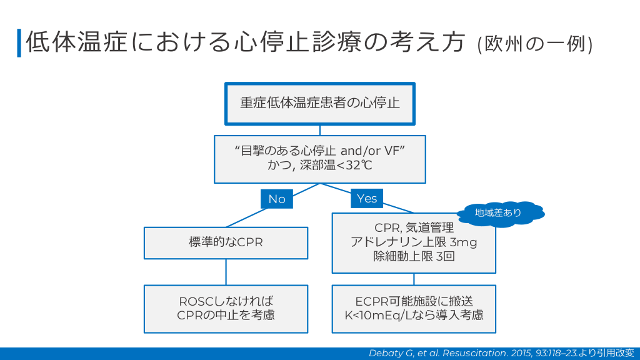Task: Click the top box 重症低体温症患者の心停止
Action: coord(320,103)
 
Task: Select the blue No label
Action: coord(276,199)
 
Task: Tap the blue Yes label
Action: coord(367,198)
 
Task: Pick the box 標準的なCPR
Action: coord(226,242)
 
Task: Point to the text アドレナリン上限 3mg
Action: coord(413,242)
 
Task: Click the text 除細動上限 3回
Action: coord(413,256)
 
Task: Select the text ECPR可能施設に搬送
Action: coord(414,301)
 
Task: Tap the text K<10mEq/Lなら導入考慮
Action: coord(414,315)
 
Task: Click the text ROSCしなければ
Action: coord(226,301)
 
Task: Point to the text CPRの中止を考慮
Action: coord(226,315)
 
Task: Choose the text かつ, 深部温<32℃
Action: coord(320,166)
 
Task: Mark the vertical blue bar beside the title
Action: coord(19,42)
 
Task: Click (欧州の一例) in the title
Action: coord(535,44)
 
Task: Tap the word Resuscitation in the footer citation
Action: coord(475,353)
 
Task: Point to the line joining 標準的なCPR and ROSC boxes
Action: coord(226,272)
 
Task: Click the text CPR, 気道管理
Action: coord(413,228)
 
